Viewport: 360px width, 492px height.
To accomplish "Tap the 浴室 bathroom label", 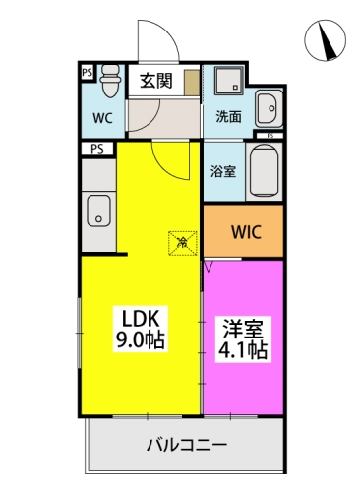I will [x=223, y=171].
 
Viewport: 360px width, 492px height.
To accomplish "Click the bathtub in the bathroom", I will [x=264, y=170].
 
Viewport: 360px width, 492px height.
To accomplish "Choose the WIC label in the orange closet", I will [x=245, y=233].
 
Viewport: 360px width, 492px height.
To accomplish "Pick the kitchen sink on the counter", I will [x=98, y=210].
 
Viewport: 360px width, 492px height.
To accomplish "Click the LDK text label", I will [x=141, y=319].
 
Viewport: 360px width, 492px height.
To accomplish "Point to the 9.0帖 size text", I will [x=143, y=341].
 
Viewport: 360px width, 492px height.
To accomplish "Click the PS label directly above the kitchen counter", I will [x=96, y=149].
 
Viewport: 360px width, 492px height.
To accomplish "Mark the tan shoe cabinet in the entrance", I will [x=190, y=82].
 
